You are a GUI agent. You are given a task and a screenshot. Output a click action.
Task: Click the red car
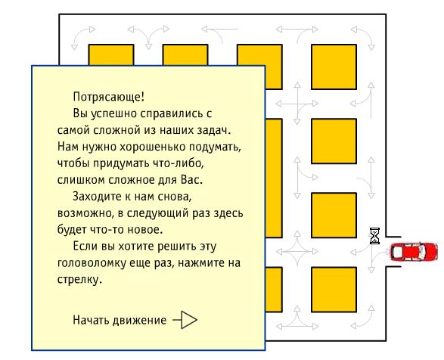[x=414, y=251]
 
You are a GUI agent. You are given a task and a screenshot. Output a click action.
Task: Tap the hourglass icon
[x=375, y=236]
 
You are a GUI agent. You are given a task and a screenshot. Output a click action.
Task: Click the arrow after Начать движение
[x=185, y=320]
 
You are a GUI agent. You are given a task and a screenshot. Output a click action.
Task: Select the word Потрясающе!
[x=109, y=97]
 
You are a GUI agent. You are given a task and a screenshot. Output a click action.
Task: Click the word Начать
[x=91, y=320]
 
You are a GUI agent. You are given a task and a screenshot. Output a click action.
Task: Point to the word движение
[x=140, y=321]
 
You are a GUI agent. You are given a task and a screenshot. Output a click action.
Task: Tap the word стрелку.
[x=79, y=280]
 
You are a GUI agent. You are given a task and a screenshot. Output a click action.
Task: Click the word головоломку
[x=92, y=263]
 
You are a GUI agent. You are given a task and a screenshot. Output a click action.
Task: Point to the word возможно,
[x=85, y=213]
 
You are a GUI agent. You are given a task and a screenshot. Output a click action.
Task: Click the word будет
[x=72, y=229]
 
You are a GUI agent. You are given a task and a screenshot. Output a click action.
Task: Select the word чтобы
[x=73, y=163]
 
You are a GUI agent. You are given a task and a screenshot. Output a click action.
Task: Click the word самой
[x=73, y=130]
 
